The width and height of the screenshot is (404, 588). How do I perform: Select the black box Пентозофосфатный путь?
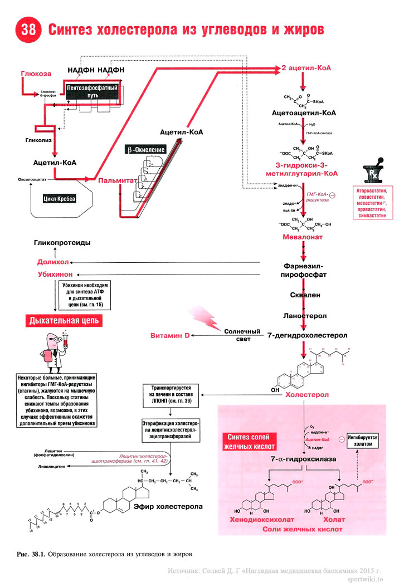[x=91, y=92]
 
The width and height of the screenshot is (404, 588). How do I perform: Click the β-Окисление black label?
[x=145, y=150]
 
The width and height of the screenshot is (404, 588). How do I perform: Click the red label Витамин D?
[x=170, y=336]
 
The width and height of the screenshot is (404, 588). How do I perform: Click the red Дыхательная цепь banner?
[x=62, y=321]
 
